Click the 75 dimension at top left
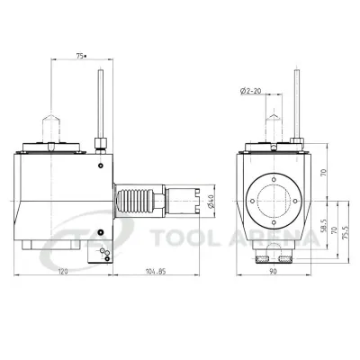pos(80,56)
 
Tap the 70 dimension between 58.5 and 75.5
pos(335,232)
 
